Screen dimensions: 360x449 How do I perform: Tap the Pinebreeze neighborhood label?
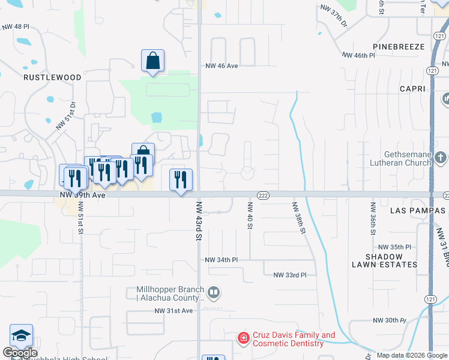click(399, 46)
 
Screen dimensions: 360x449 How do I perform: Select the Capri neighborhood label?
click(412, 89)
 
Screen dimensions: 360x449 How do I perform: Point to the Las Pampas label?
click(415, 211)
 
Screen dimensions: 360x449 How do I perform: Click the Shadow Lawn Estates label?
click(392, 260)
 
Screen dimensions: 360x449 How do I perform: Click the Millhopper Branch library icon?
click(214, 293)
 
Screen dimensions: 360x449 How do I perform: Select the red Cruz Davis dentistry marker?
click(243, 339)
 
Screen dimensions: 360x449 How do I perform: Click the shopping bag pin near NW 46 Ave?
click(153, 61)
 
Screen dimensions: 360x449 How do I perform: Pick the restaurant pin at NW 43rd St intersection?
click(181, 179)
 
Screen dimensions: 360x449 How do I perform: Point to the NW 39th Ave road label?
click(83, 196)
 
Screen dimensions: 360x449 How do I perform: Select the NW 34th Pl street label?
click(221, 260)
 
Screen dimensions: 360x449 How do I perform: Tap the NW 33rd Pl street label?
click(290, 275)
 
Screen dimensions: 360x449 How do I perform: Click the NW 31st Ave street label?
click(173, 310)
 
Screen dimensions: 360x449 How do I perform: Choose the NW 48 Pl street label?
click(16, 27)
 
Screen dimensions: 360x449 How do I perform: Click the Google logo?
click(20, 353)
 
